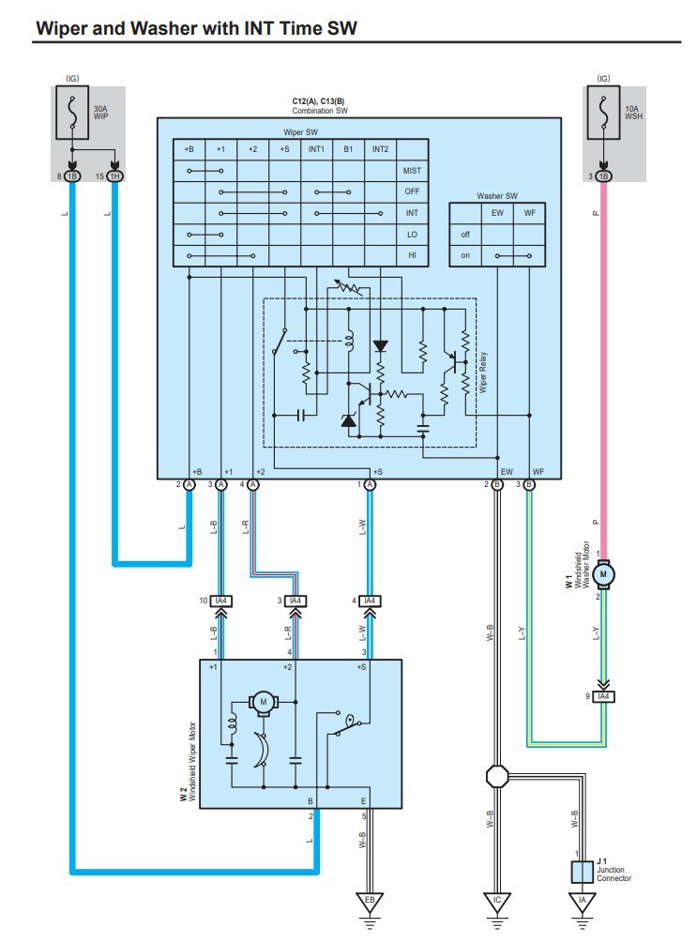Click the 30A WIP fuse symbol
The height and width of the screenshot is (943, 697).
72,113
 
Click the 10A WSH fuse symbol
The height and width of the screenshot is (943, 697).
603,113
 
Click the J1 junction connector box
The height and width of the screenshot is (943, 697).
582,872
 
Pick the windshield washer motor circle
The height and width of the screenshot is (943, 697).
603,574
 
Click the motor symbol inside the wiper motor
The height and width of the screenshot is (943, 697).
263,702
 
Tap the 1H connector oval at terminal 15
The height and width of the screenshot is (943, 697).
114,176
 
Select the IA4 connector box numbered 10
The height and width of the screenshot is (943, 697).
220,601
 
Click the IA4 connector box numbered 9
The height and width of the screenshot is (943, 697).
603,696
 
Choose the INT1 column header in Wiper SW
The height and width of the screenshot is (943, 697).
316,149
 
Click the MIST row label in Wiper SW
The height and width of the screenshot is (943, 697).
412,171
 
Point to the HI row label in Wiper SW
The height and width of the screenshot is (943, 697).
412,255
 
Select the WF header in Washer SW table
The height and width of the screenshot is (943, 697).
529,213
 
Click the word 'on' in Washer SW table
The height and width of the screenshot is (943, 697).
465,255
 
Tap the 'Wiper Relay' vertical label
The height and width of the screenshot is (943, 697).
483,373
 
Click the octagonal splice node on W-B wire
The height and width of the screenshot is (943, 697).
497,776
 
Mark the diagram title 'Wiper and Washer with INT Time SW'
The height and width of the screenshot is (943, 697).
196,28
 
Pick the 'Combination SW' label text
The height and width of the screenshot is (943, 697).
320,111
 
